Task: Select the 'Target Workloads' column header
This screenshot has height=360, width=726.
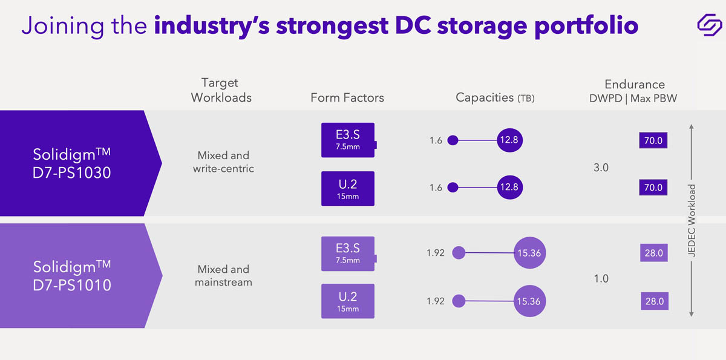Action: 221,90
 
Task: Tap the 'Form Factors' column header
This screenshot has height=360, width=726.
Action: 347,97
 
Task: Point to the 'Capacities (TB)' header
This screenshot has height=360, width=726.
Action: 495,97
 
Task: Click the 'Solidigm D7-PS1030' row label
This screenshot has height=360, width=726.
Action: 72,163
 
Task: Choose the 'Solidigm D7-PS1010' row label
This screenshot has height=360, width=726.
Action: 72,276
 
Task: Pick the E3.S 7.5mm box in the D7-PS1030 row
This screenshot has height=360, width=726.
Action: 348,140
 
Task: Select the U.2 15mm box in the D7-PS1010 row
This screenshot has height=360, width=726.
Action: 348,301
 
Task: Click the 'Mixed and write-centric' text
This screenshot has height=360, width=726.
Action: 223,162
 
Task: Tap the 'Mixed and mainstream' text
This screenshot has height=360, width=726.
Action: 223,275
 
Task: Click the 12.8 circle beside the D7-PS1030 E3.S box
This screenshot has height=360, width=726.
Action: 509,140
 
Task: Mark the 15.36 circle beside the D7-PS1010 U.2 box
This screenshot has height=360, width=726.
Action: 529,301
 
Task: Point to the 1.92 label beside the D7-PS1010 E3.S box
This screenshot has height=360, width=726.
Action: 436,253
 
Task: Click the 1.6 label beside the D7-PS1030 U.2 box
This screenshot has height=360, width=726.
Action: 436,188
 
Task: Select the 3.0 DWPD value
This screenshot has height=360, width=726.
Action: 601,168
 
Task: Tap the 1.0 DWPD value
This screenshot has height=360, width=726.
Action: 601,279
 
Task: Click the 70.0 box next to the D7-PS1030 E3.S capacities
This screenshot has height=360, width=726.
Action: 653,141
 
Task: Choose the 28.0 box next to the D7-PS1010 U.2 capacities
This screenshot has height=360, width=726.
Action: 654,301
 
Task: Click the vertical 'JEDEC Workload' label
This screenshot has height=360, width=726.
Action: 692,221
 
